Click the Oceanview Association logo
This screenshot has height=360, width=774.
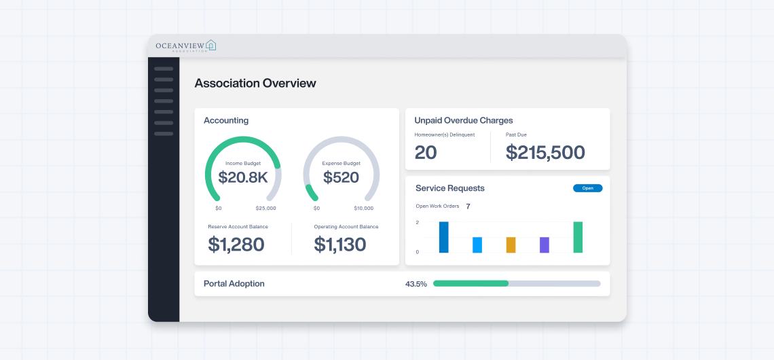185,46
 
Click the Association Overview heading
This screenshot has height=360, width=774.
255,84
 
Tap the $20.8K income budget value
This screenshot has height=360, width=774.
243,177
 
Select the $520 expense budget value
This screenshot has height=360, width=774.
341,177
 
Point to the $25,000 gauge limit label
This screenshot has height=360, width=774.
265,209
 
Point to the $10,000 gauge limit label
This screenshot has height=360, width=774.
363,209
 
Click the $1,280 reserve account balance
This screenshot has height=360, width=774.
236,245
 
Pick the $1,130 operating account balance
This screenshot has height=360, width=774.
339,245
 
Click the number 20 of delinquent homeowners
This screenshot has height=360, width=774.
426,153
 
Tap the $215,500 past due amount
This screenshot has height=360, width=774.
545,153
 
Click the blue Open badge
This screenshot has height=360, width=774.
587,188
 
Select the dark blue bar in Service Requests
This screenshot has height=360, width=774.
443,238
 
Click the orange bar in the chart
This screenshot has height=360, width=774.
511,245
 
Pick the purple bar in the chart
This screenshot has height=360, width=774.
544,245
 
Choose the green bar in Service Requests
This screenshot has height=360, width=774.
578,238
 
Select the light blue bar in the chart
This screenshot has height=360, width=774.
477,245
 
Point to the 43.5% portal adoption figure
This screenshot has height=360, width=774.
416,284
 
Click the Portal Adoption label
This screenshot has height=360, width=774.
234,284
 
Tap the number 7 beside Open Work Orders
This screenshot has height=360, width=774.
468,206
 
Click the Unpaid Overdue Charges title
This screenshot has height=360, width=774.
464,120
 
